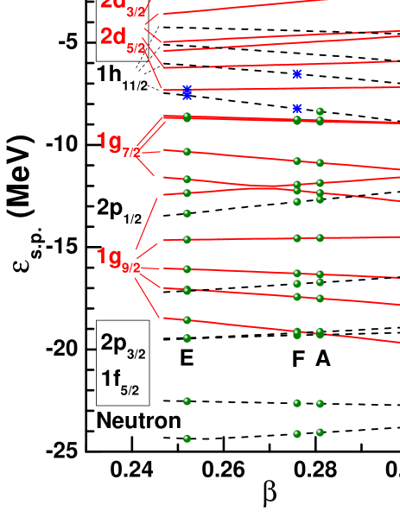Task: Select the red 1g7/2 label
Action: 118,143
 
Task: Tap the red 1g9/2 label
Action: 118,258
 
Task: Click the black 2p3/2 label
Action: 123,344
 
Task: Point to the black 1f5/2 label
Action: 120,381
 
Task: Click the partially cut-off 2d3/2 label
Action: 123,5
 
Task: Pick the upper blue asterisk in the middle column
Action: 297,74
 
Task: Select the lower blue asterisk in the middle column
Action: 297,109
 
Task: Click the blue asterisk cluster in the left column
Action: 187,91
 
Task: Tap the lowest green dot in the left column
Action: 187,438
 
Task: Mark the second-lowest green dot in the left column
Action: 187,401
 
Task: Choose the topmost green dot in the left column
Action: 187,117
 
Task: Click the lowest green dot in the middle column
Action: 297,434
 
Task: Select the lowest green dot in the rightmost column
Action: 320,432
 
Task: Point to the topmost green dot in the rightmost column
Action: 320,111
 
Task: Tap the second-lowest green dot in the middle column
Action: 297,403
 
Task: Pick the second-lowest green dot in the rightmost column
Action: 320,404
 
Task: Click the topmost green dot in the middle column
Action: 297,120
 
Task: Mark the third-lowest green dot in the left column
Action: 187,338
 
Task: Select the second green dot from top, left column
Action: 187,152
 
